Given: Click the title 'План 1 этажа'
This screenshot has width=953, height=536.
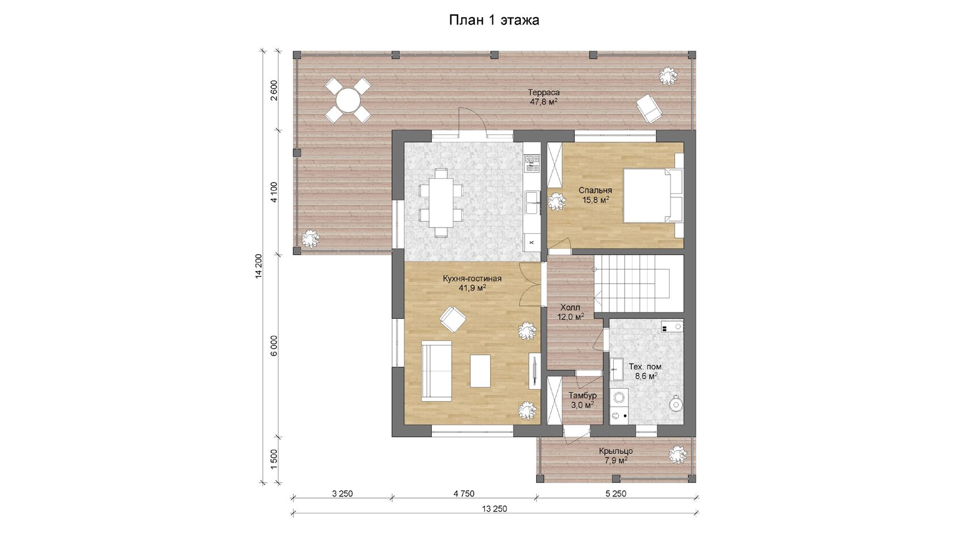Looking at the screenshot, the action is coord(494,20).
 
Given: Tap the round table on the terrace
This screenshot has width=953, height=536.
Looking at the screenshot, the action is coord(348,100).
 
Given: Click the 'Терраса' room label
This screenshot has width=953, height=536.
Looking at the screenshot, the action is coord(543,92).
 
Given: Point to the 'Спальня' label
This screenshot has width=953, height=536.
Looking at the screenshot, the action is coord(595,190).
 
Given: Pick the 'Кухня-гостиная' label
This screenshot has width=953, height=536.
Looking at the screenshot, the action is coord(472,278).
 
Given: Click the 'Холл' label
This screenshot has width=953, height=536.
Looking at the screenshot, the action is coord(570,307).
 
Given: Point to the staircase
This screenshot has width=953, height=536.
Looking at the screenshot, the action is coord(639,284).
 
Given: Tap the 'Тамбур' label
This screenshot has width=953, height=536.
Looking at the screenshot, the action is coord(583,395).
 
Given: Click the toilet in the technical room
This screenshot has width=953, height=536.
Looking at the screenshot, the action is coord(676,403).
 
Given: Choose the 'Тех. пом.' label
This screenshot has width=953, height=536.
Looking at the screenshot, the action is coord(646,366).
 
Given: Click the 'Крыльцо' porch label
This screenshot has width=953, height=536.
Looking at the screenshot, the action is coord(615,451).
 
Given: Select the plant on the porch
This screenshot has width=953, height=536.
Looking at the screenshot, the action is coord(677,455).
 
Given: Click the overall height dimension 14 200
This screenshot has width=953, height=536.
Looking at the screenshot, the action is coord(259,266).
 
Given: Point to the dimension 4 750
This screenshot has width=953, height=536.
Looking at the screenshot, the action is coord(464,493).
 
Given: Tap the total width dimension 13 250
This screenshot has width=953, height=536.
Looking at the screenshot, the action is coord(495,509).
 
